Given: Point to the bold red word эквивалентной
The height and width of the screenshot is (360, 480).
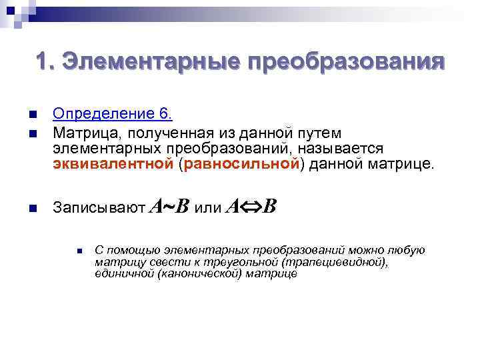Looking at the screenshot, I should (x=114, y=163).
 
